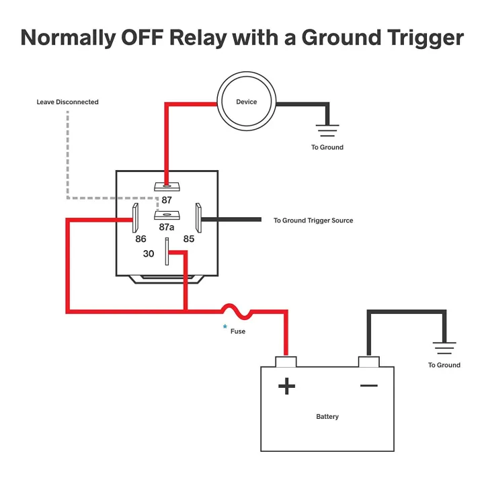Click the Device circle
246,102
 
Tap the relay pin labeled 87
167,186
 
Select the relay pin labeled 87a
167,215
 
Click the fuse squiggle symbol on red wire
235,311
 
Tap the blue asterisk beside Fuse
225,327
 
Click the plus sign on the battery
286,387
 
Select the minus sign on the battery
368,385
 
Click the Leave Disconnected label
67,102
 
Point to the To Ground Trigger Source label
313,220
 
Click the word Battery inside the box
327,417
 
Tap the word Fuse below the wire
238,331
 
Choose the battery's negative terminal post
368,362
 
